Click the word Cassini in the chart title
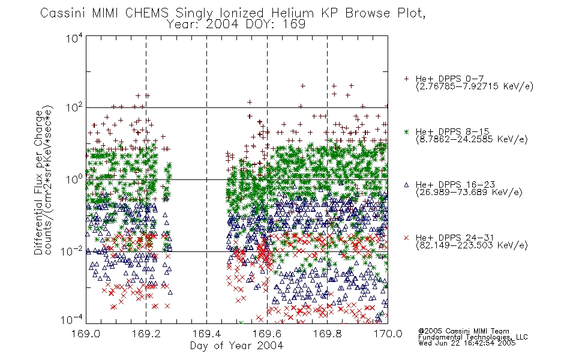coord(63,13)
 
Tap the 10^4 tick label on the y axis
coord(74,38)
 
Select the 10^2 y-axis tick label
coord(74,108)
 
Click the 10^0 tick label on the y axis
coord(74,179)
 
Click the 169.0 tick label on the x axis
coord(86,334)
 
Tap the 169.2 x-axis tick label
coord(146,334)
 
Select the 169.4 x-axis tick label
coord(206,334)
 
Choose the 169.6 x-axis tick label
coord(267,334)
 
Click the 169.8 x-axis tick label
coord(327,334)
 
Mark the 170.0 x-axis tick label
coord(388,334)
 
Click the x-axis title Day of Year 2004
coord(236,346)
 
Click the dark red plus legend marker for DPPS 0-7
coord(406,79)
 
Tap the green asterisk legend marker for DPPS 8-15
coord(406,131)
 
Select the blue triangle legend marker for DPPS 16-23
coord(406,185)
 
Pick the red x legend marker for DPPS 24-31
coord(406,238)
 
